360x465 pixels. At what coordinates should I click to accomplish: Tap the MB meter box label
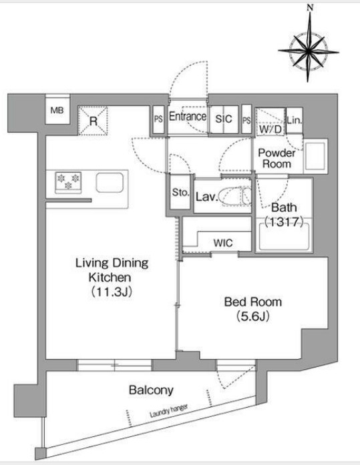pyautogui.click(x=57, y=111)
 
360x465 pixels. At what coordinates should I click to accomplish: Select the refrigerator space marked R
pyautogui.click(x=93, y=121)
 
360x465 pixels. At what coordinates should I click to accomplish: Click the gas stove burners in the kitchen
pyautogui.click(x=68, y=181)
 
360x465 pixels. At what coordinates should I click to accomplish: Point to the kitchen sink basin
pyautogui.click(x=110, y=182)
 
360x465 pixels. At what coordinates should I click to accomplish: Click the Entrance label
pyautogui.click(x=188, y=117)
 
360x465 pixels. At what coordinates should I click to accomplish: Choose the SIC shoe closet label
pyautogui.click(x=224, y=119)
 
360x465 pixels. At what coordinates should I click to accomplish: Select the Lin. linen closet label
pyautogui.click(x=295, y=120)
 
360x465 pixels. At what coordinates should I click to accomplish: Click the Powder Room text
pyautogui.click(x=277, y=158)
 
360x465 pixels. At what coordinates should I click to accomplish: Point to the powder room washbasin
pyautogui.click(x=315, y=156)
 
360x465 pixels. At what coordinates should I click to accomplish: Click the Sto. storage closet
pyautogui.click(x=180, y=192)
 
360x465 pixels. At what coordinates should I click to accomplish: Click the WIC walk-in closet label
pyautogui.click(x=223, y=244)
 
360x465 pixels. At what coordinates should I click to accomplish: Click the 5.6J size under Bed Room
pyautogui.click(x=253, y=316)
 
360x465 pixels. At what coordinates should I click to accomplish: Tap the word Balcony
pyautogui.click(x=151, y=390)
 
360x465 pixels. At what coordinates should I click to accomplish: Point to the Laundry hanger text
pyautogui.click(x=168, y=411)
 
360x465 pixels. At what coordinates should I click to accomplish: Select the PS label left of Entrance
pyautogui.click(x=158, y=119)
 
